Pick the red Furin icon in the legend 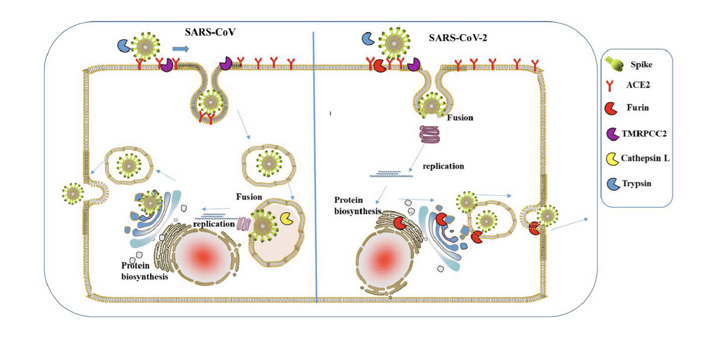click(x=614, y=108)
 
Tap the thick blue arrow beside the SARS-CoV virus click(x=180, y=49)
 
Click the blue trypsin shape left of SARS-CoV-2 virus click(x=368, y=39)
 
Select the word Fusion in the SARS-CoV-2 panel click(x=461, y=118)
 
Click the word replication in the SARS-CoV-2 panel click(x=443, y=166)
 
